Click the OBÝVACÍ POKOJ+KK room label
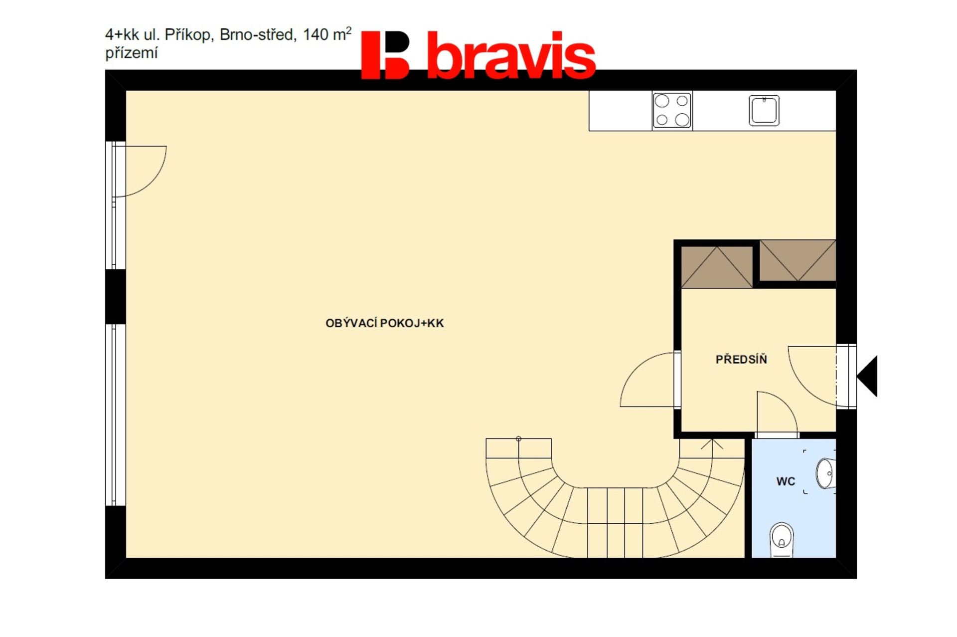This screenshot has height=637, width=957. click(x=384, y=323)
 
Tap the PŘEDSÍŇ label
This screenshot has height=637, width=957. click(x=741, y=359)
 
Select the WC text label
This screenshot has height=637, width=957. click(x=786, y=481)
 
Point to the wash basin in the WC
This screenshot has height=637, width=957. click(x=825, y=473)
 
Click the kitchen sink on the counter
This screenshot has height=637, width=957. click(x=764, y=110)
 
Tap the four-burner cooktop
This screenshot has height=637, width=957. click(x=672, y=110)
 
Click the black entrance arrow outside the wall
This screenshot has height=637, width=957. click(x=867, y=376)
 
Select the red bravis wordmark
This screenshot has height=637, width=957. click(x=511, y=55)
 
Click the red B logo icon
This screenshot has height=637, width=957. click(x=385, y=55)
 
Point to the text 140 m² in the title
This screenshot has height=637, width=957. click(x=327, y=34)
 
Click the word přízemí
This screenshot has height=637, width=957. click(x=131, y=53)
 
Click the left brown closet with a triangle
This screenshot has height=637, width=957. click(x=717, y=267)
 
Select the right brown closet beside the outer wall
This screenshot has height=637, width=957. click(x=797, y=260)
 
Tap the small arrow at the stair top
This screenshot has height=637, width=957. click(x=712, y=444)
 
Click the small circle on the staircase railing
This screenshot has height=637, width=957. click(x=518, y=439)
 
